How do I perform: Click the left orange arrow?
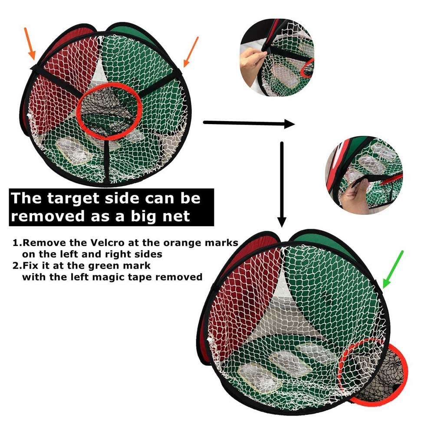[x=30, y=43]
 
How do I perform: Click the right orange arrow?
[x=191, y=52]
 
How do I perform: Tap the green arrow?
[x=393, y=270]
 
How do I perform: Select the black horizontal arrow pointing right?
[x=249, y=123]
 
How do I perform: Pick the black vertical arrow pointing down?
[x=282, y=184]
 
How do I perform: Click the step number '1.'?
[x=17, y=243]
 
